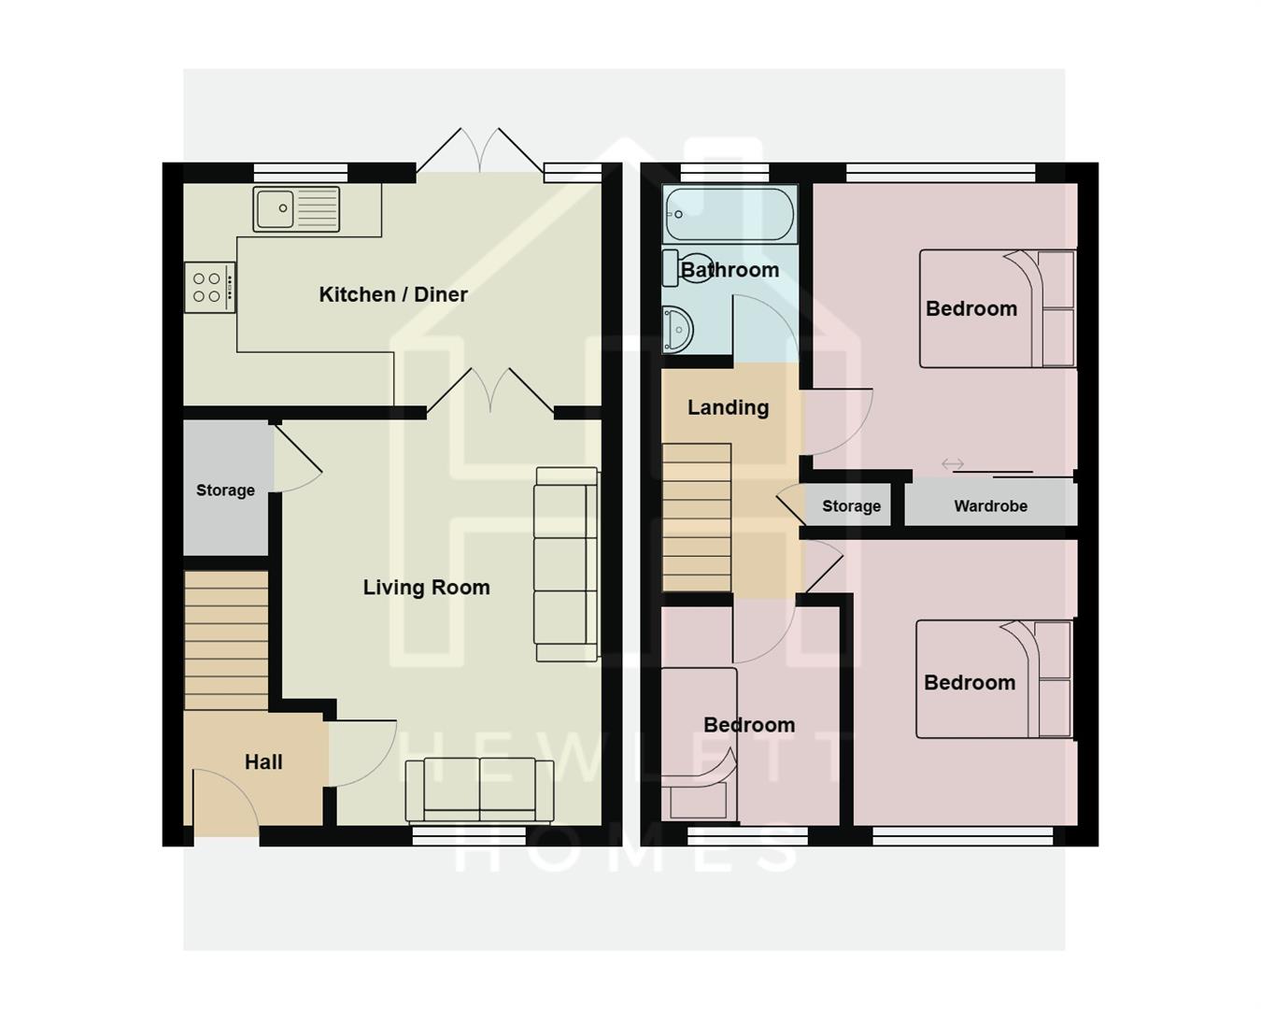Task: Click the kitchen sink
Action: tap(296, 209)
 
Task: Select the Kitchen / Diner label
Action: tap(393, 294)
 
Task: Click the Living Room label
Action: tap(426, 588)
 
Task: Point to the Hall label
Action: tap(263, 762)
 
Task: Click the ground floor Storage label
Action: tap(225, 490)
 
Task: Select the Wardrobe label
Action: tap(990, 506)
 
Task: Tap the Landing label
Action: tap(728, 407)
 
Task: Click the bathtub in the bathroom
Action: tap(729, 214)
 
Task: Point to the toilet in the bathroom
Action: tap(682, 267)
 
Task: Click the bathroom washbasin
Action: tap(677, 330)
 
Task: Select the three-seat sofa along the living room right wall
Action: tap(566, 564)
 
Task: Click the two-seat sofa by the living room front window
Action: tap(479, 790)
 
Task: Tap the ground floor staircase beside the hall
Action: tap(226, 641)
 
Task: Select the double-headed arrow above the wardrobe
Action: tap(952, 464)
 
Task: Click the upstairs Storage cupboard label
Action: tap(851, 506)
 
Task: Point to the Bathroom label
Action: tap(730, 270)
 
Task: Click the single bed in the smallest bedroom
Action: tap(699, 744)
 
